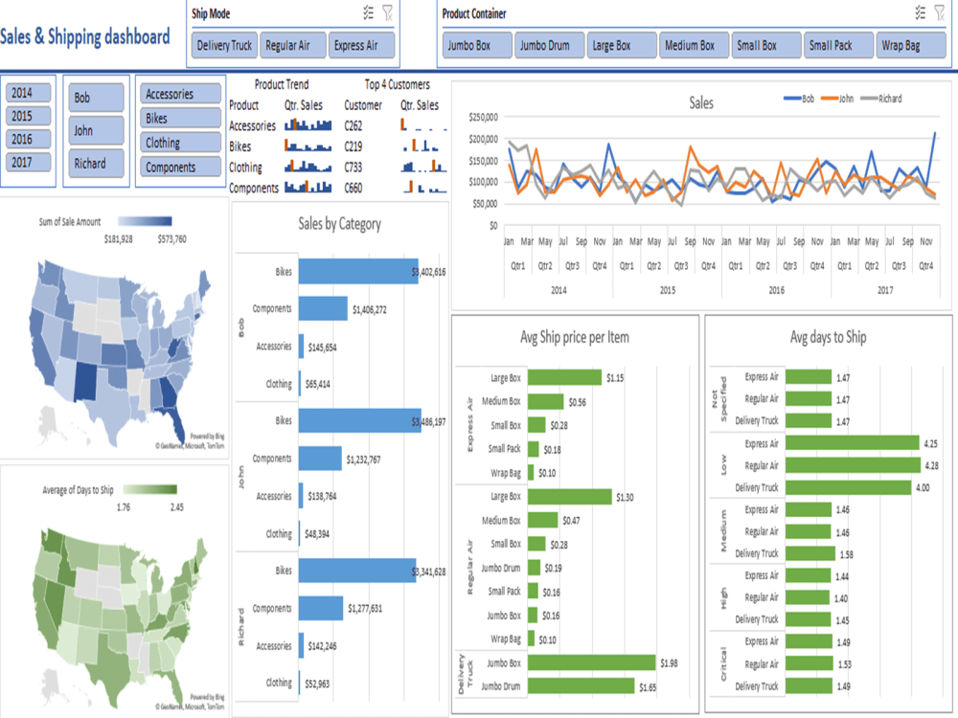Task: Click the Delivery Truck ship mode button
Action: (x=224, y=45)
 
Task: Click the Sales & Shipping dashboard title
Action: (x=85, y=37)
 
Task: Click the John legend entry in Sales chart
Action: (x=847, y=99)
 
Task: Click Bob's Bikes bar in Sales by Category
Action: (x=357, y=272)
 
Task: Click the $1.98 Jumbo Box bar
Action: (x=591, y=662)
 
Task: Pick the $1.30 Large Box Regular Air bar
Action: (x=569, y=496)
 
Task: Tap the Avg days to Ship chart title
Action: (x=828, y=337)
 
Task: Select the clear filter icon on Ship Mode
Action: (x=387, y=12)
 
